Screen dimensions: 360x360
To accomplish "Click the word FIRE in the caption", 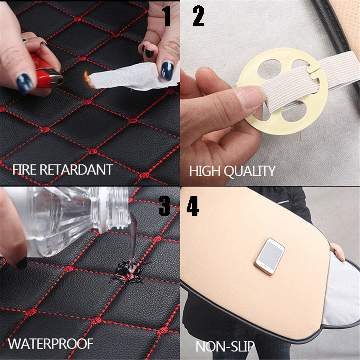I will tap(25, 170).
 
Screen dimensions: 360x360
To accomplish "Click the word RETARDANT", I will tap(76, 170).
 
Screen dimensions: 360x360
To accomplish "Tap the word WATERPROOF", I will tap(50, 343).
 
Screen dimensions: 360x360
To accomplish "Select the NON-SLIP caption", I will tap(225, 346).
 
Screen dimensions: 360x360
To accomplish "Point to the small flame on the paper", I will tap(86, 75).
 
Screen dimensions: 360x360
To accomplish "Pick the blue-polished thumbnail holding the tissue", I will tap(166, 70).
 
